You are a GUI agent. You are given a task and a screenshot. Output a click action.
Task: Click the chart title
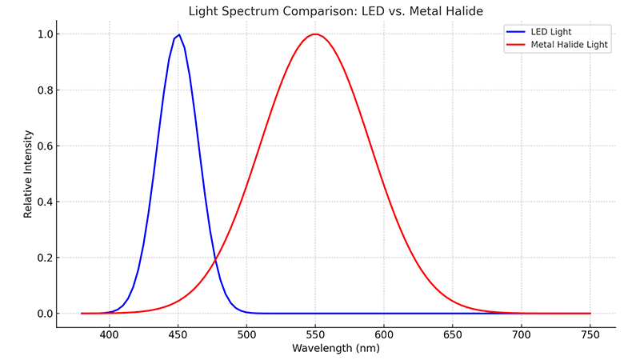pos(335,11)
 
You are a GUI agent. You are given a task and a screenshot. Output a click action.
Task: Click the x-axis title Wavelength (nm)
pos(335,348)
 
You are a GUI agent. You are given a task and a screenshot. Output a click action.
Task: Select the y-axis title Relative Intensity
pos(28,174)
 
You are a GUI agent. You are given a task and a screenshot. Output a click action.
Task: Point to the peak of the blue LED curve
pos(178,34)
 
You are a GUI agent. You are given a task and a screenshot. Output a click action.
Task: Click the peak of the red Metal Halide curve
pos(316,34)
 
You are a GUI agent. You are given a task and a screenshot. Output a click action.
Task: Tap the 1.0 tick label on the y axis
pos(43,34)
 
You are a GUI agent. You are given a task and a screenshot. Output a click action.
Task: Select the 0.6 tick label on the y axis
pos(43,146)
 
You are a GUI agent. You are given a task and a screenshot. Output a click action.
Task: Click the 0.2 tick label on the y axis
pos(43,258)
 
